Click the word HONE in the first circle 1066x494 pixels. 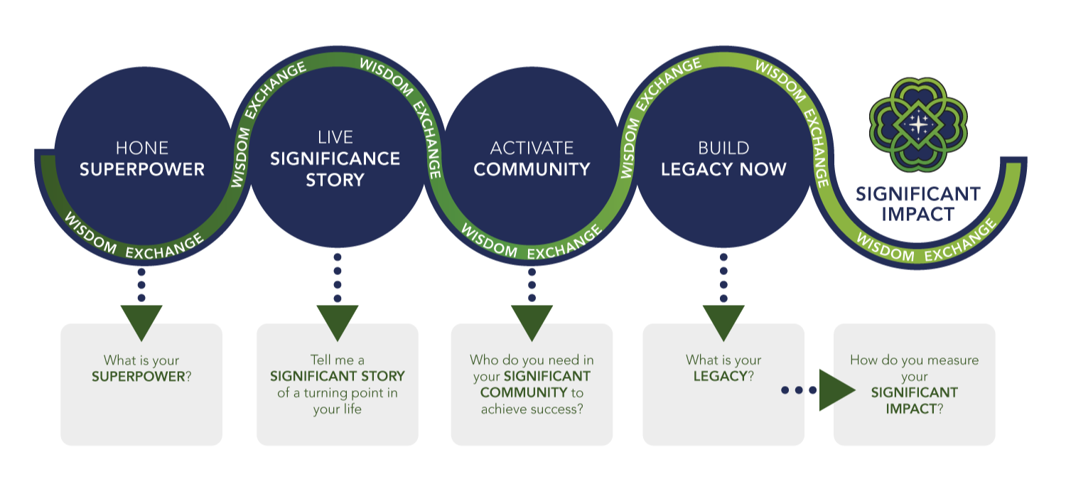(141, 148)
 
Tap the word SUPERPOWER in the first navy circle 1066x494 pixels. (141, 169)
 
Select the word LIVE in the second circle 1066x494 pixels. (335, 137)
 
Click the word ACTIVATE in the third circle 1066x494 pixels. (532, 148)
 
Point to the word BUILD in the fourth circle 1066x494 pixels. (723, 148)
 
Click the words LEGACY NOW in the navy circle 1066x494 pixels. (723, 169)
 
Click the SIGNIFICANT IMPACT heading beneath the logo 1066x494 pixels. (918, 203)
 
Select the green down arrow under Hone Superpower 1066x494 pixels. (141, 322)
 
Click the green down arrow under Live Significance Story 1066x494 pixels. (337, 322)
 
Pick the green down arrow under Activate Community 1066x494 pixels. (532, 322)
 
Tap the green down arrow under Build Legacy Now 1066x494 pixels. (723, 322)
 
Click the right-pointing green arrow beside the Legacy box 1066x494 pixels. (835, 390)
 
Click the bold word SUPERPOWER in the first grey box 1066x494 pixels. (138, 377)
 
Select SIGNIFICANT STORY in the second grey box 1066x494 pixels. (337, 376)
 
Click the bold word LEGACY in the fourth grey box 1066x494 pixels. (720, 377)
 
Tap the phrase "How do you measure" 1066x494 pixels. (914, 360)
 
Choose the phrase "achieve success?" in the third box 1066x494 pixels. (532, 409)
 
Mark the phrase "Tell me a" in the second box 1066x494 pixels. (337, 360)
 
